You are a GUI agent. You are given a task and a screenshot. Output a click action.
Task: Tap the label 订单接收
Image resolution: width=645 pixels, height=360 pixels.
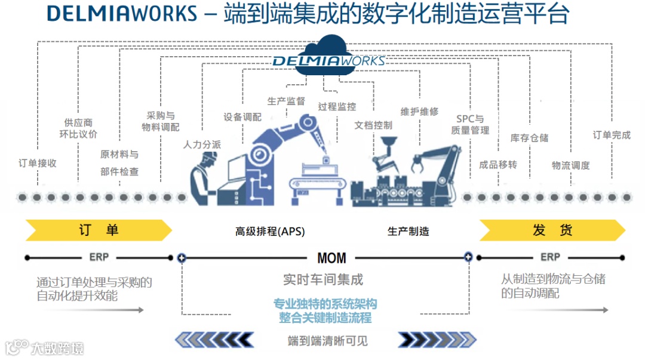click(x=38, y=163)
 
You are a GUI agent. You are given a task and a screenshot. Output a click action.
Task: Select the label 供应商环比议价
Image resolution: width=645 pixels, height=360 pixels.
click(x=78, y=128)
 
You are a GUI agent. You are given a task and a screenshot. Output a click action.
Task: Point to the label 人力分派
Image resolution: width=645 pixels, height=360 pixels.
click(x=202, y=144)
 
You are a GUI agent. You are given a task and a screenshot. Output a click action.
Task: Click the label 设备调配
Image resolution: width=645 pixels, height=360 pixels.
click(x=242, y=117)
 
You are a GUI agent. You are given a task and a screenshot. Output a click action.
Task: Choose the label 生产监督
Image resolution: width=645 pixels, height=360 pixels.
click(x=286, y=101)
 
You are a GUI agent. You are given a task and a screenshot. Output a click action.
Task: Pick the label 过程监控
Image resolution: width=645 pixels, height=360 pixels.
click(x=337, y=107)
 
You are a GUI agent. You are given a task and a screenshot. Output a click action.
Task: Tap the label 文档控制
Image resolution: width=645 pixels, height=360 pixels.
click(x=373, y=125)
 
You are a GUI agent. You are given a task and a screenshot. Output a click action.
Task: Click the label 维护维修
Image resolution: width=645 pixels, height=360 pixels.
click(x=419, y=111)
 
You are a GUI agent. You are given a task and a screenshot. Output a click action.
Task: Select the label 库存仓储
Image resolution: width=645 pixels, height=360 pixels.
click(x=529, y=137)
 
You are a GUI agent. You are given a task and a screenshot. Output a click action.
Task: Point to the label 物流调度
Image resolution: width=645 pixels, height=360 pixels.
click(x=570, y=165)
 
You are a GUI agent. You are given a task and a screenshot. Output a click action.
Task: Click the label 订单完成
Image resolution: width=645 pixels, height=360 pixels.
click(x=611, y=135)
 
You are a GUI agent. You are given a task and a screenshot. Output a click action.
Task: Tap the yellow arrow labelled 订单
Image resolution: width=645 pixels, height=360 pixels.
click(x=99, y=230)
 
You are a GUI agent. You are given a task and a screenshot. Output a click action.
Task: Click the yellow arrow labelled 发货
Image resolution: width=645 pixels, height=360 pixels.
click(x=552, y=230)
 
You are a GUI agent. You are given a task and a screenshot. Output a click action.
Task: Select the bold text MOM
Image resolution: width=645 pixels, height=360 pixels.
click(x=331, y=258)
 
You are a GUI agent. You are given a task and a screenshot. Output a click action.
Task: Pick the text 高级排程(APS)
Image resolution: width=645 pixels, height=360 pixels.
click(x=270, y=232)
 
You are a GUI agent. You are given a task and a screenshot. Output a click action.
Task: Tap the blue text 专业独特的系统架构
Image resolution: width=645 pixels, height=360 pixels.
click(x=325, y=303)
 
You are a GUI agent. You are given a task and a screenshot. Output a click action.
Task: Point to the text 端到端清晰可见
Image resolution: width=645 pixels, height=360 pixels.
click(x=327, y=341)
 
